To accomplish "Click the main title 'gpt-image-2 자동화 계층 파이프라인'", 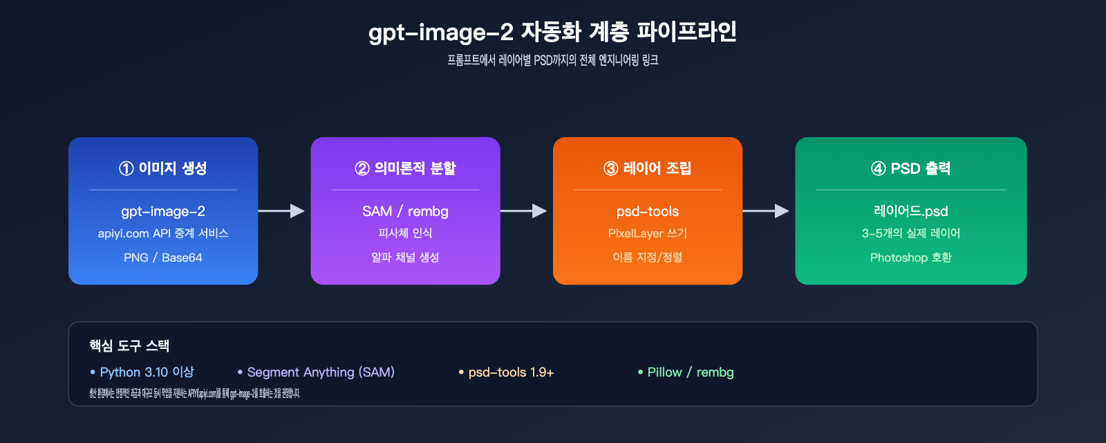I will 552,32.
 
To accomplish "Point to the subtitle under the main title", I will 552,60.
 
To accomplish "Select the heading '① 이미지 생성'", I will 163,168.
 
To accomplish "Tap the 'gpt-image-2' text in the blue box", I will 163,211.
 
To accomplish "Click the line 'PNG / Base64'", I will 163,257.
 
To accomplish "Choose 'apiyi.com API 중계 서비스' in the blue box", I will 163,233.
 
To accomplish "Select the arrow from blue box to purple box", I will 283,210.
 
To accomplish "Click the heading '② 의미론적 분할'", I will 405,168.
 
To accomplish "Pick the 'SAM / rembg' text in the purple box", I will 405,211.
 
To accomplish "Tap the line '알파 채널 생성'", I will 405,257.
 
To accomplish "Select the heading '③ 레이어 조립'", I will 648,168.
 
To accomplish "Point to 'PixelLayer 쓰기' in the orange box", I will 648,233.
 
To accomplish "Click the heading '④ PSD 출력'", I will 910,168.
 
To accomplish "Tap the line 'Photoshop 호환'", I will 910,257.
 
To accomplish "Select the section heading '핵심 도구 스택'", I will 129,345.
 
